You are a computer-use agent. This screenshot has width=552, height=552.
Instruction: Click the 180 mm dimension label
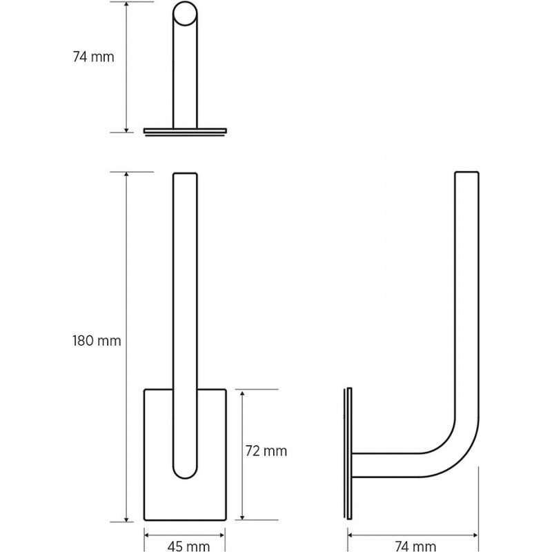97,341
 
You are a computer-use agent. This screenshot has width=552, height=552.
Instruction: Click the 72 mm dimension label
266,451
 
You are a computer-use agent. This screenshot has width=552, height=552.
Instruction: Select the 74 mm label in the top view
94,57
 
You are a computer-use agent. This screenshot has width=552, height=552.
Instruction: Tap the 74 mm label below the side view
416,546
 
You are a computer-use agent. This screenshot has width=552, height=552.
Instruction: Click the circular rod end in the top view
185,13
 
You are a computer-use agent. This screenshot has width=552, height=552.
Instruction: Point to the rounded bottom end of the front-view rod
185,470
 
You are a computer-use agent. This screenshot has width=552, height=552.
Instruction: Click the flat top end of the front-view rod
185,173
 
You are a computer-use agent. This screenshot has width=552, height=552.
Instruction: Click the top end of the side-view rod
467,172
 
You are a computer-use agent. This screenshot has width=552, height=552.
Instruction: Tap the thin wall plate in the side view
348,453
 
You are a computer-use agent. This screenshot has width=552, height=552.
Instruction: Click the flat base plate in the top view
185,131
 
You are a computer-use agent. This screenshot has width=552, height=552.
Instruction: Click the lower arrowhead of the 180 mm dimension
126,519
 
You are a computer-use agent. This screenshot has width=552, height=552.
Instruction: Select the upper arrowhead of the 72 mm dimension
242,393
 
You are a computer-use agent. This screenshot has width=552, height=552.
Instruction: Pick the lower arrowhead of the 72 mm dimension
242,516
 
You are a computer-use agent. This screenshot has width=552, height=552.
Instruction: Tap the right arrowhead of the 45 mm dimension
221,535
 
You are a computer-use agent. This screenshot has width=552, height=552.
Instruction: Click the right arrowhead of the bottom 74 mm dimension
475,535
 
